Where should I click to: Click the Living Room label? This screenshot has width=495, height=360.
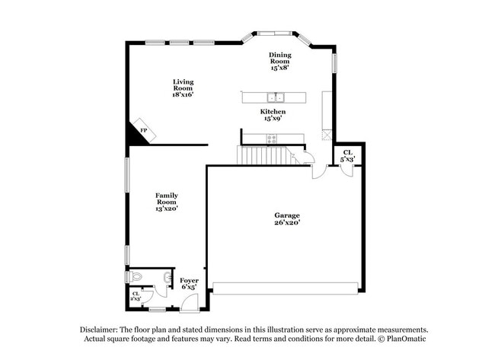(x=183, y=88)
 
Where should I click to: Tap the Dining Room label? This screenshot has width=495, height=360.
(x=279, y=61)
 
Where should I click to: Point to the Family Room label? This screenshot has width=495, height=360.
(x=167, y=201)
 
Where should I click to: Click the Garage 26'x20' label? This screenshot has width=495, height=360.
(x=287, y=219)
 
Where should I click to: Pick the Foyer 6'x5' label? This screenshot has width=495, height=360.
(x=190, y=284)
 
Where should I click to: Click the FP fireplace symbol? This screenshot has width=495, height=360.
(x=142, y=131)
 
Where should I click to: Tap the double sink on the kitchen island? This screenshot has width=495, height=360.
(x=275, y=97)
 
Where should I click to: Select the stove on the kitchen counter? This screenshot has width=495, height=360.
(x=272, y=139)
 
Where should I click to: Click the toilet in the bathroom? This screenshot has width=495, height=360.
(x=135, y=276)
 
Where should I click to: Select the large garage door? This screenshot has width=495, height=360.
(x=285, y=288)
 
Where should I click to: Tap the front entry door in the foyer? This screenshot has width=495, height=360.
(x=189, y=303)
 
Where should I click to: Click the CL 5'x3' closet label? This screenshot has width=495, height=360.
(x=347, y=156)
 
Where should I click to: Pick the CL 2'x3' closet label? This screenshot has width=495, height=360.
(x=136, y=296)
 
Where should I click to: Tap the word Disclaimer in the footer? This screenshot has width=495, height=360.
(x=102, y=330)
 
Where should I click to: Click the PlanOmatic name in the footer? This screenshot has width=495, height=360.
(x=404, y=339)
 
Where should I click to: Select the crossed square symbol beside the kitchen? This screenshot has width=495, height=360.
(x=327, y=135)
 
